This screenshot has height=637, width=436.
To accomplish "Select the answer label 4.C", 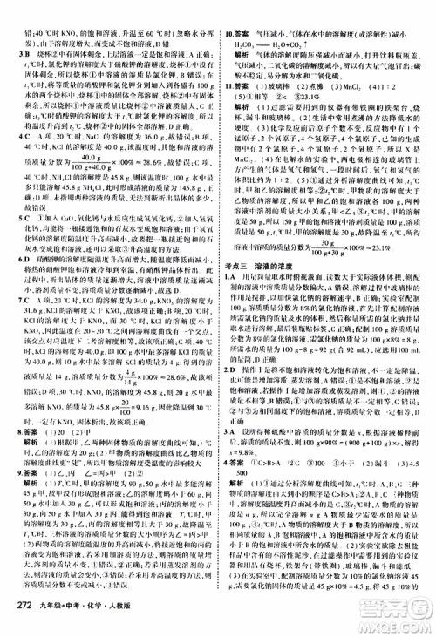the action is [12, 136].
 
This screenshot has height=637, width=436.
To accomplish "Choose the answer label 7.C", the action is [12, 322].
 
